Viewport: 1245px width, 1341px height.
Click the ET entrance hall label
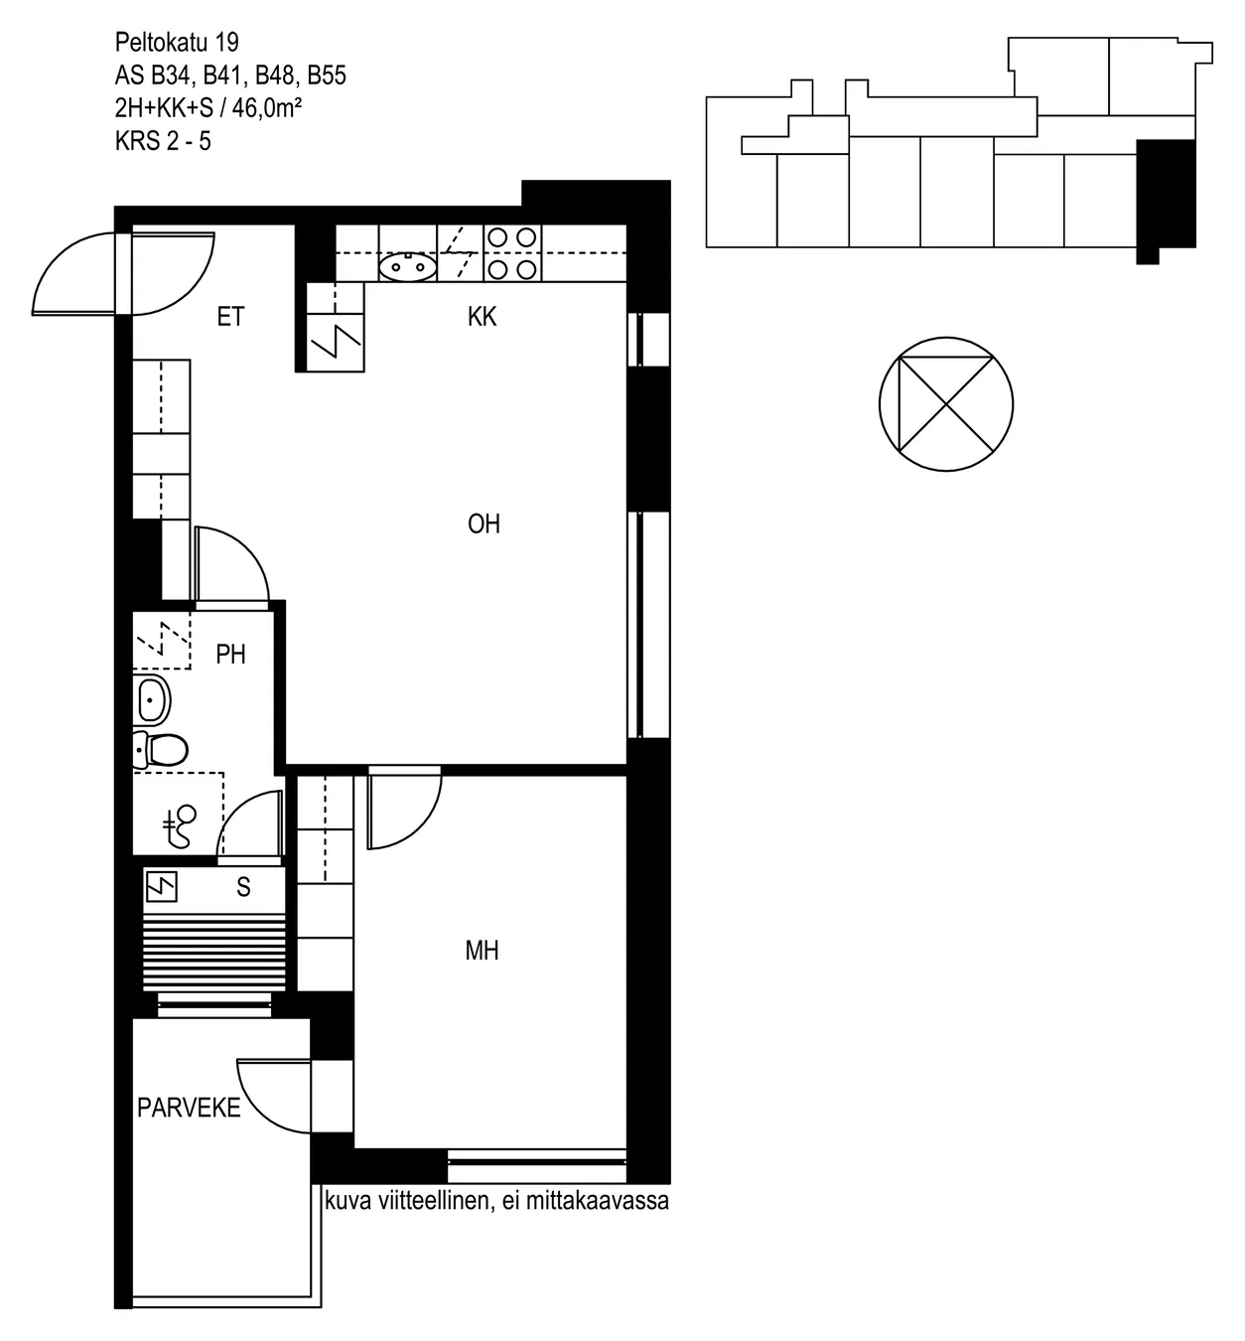(x=230, y=317)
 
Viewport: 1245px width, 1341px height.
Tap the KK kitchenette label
(x=483, y=317)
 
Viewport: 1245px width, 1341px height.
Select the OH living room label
(x=484, y=523)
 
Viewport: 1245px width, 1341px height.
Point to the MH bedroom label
(x=483, y=951)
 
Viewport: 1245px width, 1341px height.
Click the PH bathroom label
(x=230, y=655)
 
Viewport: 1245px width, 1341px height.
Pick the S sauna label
(x=243, y=887)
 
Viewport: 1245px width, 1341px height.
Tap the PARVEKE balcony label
(x=189, y=1108)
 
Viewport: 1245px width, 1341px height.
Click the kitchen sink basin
(x=406, y=267)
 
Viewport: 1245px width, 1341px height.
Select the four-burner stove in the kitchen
(x=512, y=253)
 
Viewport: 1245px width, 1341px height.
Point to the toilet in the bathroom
(x=160, y=750)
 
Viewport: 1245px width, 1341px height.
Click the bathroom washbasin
(x=151, y=699)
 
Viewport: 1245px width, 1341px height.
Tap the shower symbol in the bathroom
(x=181, y=825)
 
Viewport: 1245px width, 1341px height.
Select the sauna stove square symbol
(x=162, y=887)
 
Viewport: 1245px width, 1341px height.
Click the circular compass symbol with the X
(x=946, y=403)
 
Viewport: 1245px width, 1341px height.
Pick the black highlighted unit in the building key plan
(x=1166, y=200)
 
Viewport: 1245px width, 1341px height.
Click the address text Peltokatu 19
(x=177, y=43)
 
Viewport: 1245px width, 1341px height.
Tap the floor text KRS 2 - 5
(x=163, y=141)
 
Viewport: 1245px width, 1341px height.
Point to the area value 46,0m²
(x=267, y=108)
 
